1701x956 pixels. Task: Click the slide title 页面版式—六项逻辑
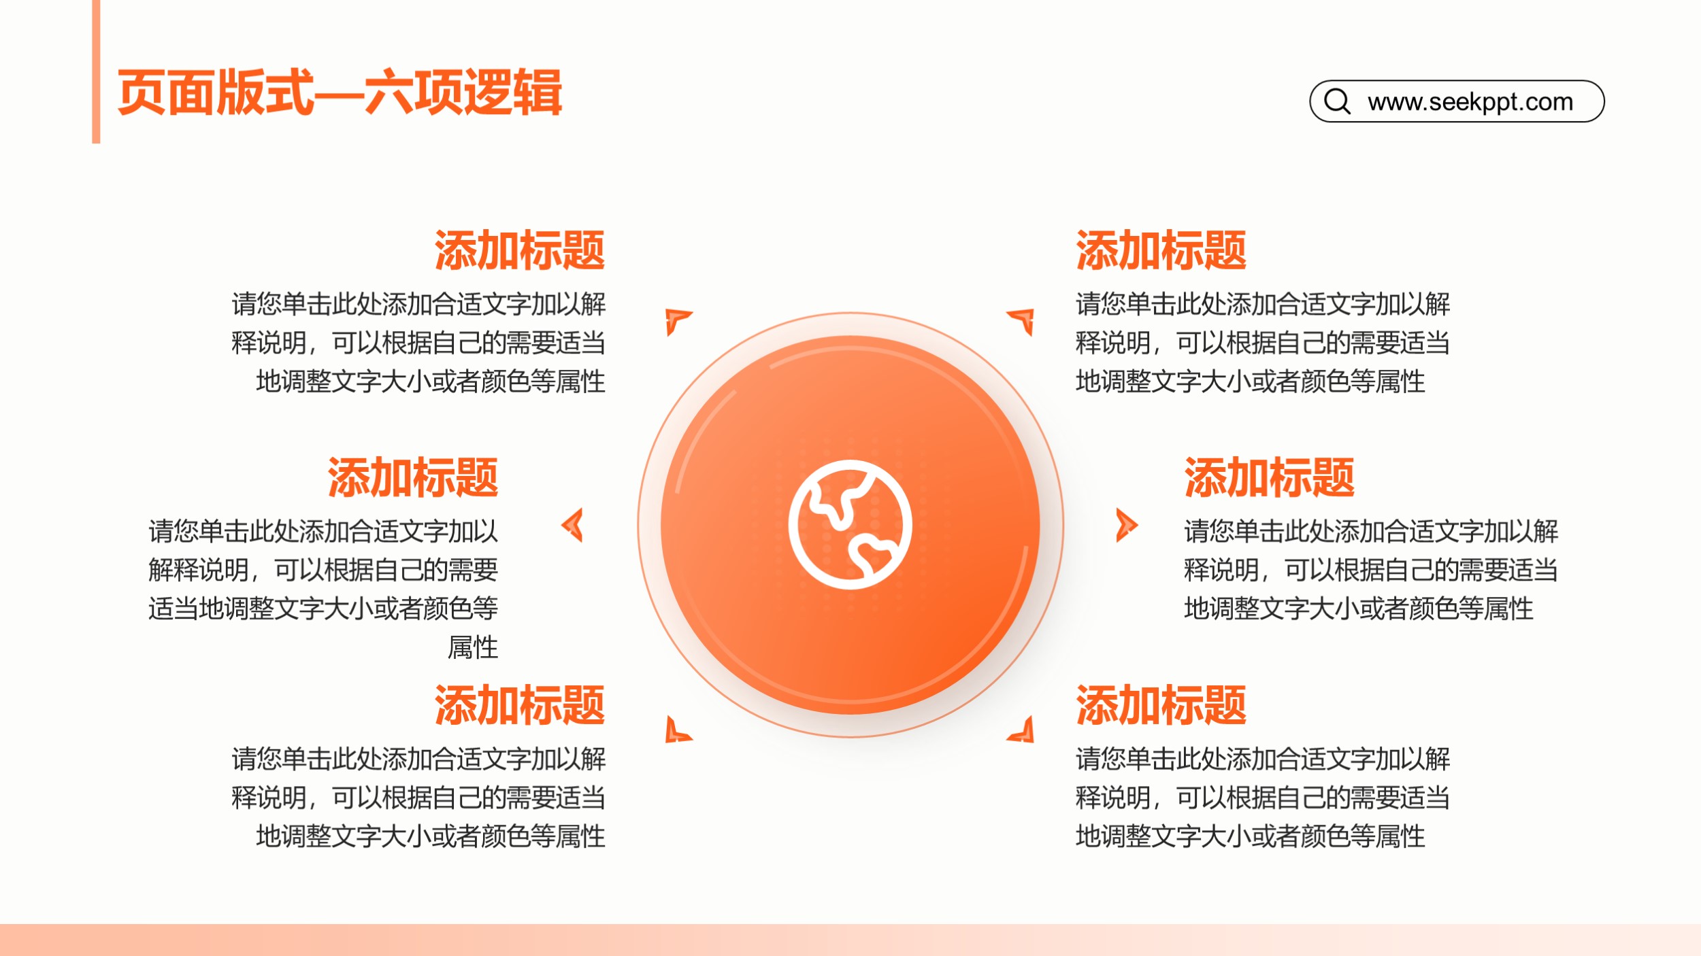click(x=340, y=92)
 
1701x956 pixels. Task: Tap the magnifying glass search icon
click(x=1337, y=101)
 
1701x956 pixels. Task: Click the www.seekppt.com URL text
click(x=1470, y=102)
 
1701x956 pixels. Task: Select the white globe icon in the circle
click(x=850, y=524)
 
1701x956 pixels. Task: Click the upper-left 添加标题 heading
click(x=520, y=250)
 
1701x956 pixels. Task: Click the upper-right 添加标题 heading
click(x=1161, y=250)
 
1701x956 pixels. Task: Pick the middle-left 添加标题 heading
click(x=413, y=477)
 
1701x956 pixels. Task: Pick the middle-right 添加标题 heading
click(x=1269, y=477)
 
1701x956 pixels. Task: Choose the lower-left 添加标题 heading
click(x=520, y=705)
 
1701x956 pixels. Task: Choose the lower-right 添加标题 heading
click(x=1161, y=705)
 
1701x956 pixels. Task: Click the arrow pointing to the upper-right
click(x=1023, y=320)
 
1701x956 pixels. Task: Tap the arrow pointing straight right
click(x=1127, y=525)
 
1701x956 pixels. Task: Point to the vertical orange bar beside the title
click(x=96, y=71)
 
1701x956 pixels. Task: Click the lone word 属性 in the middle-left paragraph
click(x=473, y=647)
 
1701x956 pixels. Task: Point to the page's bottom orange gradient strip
click(x=850, y=940)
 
